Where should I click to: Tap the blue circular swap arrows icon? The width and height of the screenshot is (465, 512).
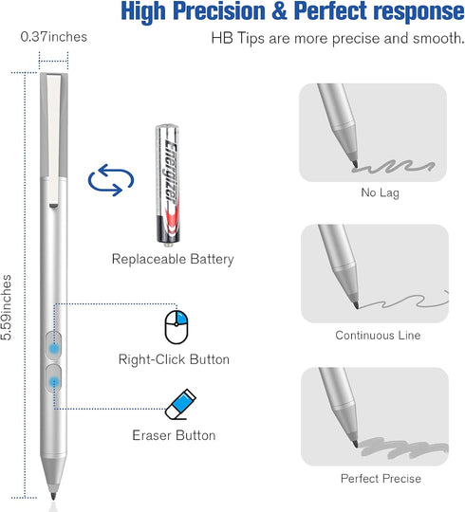[104, 181]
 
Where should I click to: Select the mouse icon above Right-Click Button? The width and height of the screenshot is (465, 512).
[173, 325]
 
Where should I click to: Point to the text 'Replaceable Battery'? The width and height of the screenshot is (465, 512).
[172, 259]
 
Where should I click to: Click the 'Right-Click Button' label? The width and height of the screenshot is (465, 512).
[174, 359]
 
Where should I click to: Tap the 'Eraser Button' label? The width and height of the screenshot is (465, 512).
[174, 435]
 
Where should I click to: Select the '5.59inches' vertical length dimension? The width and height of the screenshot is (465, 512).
[9, 308]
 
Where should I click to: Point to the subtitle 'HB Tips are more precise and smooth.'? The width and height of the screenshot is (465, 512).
[336, 39]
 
